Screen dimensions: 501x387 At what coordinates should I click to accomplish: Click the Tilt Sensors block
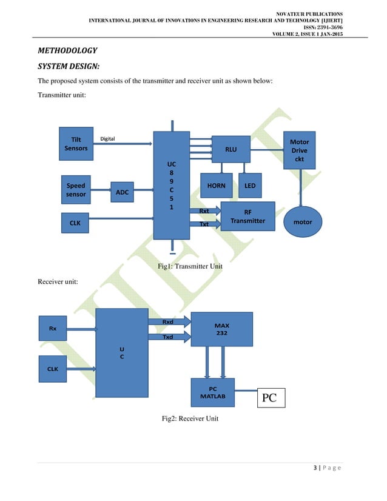click(x=76, y=144)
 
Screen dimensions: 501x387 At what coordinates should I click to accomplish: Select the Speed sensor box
click(x=76, y=190)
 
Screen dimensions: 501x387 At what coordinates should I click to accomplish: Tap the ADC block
click(x=123, y=192)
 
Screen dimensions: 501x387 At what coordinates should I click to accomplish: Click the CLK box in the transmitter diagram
click(x=76, y=223)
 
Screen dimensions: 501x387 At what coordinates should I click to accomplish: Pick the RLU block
click(x=231, y=149)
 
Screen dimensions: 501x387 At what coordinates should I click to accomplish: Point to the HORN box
click(x=216, y=186)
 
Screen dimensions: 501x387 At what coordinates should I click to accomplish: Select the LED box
click(x=249, y=186)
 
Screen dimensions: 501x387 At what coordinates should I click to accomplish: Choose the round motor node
click(x=302, y=222)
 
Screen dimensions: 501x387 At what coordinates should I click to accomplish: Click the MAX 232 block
click(x=221, y=329)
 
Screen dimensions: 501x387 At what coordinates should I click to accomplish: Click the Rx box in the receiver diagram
click(x=53, y=329)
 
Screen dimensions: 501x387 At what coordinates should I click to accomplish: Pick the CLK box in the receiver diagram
click(x=53, y=369)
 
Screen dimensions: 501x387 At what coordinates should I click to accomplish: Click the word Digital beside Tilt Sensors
click(x=107, y=138)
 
